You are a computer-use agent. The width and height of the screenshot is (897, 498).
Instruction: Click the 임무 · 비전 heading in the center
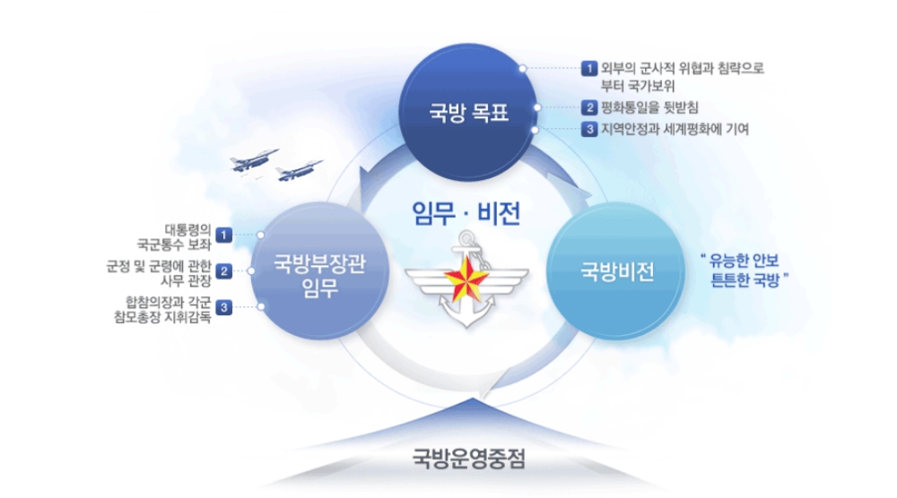tap(465, 212)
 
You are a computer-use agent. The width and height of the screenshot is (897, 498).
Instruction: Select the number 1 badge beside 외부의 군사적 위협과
tap(589, 67)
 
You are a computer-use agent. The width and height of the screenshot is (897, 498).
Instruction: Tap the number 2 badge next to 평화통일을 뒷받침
tap(589, 107)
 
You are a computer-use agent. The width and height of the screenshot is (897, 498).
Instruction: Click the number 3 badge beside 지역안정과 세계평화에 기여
tap(589, 129)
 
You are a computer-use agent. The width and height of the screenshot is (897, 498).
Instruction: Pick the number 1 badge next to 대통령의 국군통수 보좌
tap(225, 235)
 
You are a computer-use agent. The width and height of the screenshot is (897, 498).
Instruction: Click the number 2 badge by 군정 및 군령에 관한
tap(225, 270)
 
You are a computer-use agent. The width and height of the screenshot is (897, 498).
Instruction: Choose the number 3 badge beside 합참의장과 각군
tap(225, 307)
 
